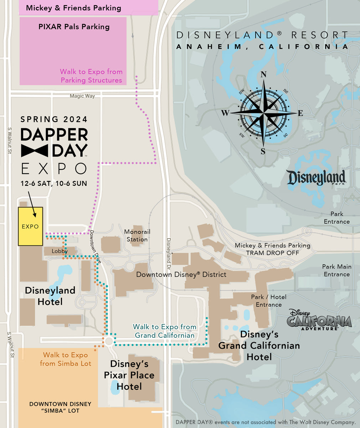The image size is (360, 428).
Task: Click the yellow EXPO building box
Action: [x=30, y=226]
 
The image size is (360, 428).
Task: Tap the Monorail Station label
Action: [x=137, y=235]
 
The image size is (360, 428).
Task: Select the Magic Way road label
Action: [x=82, y=96]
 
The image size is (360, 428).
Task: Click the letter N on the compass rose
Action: [x=264, y=75]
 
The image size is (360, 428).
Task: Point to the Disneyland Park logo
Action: [x=317, y=178]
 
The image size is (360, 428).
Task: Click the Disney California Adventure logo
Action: [x=319, y=320]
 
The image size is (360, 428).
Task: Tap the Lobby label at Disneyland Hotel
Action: [x=60, y=251]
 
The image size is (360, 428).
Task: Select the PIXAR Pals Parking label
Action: [x=74, y=27]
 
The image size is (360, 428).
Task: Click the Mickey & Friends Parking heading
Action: [x=73, y=8]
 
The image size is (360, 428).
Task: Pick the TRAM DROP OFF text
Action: [x=272, y=253]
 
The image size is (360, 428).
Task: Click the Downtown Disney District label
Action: [x=181, y=275]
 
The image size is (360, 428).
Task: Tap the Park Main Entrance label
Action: [x=336, y=270]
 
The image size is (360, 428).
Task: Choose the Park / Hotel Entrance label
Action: [x=268, y=301]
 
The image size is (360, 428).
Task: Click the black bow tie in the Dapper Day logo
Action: [x=35, y=151]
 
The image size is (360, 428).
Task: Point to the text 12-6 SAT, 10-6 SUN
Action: [x=54, y=183]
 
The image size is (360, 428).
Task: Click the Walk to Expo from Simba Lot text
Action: [x=65, y=359]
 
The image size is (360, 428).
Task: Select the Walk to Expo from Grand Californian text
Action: [x=164, y=331]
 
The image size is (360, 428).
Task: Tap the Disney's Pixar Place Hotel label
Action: [x=129, y=375]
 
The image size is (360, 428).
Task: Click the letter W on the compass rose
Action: [x=225, y=113]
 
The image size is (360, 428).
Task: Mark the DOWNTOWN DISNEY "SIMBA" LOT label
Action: [x=60, y=407]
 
